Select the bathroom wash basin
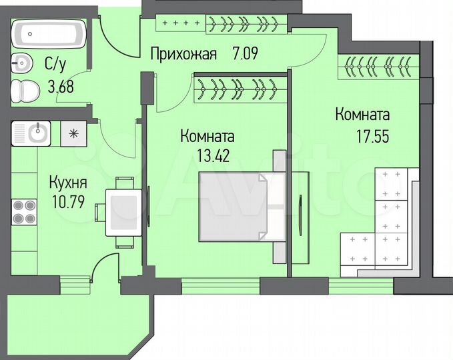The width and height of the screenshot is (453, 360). click(22, 65)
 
